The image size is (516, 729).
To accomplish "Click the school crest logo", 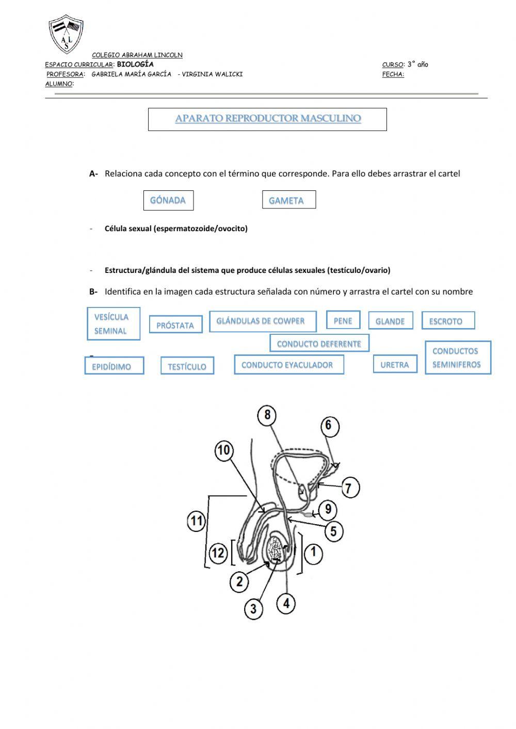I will tap(66, 34).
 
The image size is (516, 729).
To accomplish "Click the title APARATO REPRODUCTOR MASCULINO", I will tap(267, 119).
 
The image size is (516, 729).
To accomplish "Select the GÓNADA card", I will tap(168, 200).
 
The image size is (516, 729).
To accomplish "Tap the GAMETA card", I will tap(288, 200).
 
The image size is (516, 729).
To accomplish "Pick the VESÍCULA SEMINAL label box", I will tap(113, 324).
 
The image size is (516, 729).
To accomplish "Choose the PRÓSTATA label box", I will tap(175, 325).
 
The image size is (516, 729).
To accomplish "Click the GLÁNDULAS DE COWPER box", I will tap(263, 321).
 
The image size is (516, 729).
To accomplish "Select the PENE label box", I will tap(343, 320).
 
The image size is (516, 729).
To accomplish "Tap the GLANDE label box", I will tap(390, 321).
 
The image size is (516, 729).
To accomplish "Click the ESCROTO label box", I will tap(447, 321).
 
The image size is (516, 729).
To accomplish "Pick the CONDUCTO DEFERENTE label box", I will tap(319, 344).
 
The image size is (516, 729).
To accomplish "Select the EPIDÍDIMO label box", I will tap(114, 366).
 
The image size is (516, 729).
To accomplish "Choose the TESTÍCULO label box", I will tap(187, 366).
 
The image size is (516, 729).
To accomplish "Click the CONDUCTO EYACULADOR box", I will tap(288, 365).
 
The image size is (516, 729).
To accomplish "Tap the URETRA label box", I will tap(395, 365).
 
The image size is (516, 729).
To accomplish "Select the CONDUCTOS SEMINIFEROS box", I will tap(457, 358).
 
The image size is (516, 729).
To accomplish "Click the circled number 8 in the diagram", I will tap(267, 415).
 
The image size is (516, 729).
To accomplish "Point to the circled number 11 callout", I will tap(196, 520).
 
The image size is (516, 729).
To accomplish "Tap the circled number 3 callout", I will tap(253, 608).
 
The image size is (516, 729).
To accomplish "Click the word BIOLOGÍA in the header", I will tap(135, 64).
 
